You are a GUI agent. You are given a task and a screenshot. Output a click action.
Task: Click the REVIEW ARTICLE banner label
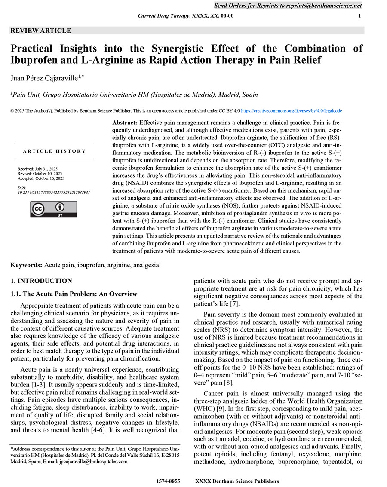(40, 31)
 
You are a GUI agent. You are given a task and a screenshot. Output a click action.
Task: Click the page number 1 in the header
(359, 16)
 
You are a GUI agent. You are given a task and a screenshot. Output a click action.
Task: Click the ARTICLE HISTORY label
(55, 151)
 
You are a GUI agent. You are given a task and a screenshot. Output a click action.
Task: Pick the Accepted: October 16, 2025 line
(41, 178)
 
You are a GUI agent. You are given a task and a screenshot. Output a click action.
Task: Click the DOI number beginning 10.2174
(54, 193)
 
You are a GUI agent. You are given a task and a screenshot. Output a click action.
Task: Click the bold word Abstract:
(125, 123)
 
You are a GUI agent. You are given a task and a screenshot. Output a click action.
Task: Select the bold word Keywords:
(26, 265)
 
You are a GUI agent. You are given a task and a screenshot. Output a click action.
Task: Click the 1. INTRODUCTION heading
(41, 281)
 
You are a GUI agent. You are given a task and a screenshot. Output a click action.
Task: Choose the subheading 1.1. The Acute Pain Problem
(74, 294)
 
